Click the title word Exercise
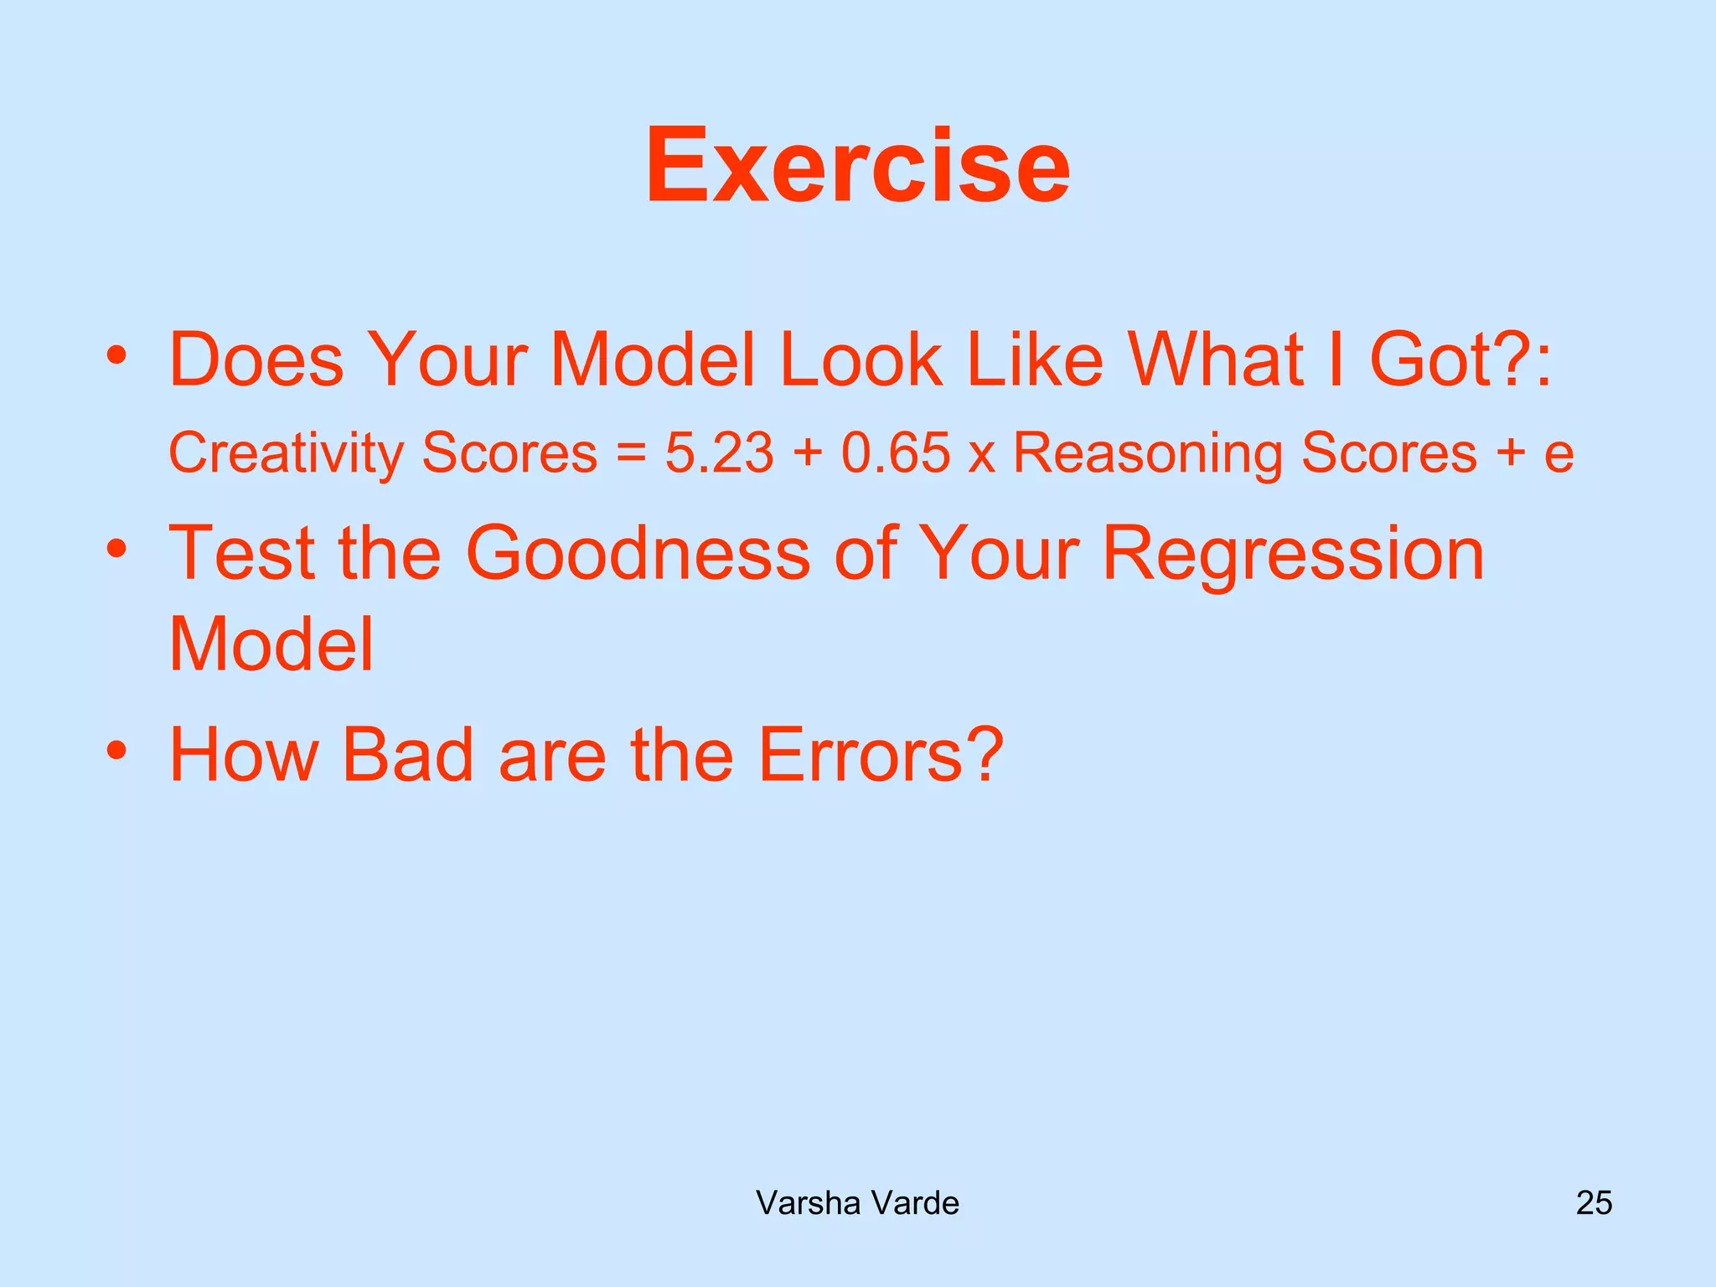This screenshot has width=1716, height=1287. point(857,165)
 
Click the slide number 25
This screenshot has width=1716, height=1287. point(1594,1203)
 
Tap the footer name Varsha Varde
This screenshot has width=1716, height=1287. point(857,1203)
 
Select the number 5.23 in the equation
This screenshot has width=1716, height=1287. point(719,453)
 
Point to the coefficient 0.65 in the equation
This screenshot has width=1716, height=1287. point(896,453)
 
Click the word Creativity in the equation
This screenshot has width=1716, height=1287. point(287,453)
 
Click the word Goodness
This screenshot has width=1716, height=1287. point(638,553)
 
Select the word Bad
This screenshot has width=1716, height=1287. point(408,755)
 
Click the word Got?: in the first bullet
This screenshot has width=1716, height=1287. point(1460,360)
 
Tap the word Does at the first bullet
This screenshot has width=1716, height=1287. point(256,360)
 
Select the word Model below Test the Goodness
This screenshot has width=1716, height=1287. point(271,644)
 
